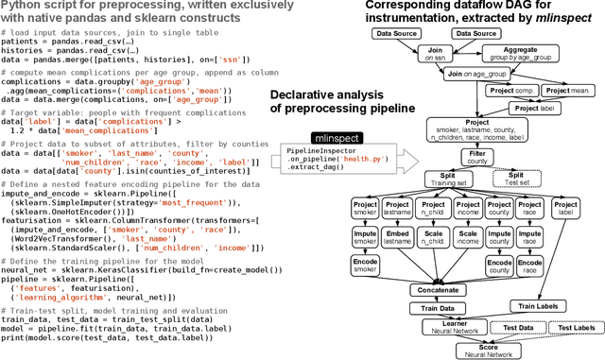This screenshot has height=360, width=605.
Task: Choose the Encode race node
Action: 530,265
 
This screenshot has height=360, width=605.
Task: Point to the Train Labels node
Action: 539,306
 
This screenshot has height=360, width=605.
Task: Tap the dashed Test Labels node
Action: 576,327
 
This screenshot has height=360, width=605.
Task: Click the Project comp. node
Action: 510,93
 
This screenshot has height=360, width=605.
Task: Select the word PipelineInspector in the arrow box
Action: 320,151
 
